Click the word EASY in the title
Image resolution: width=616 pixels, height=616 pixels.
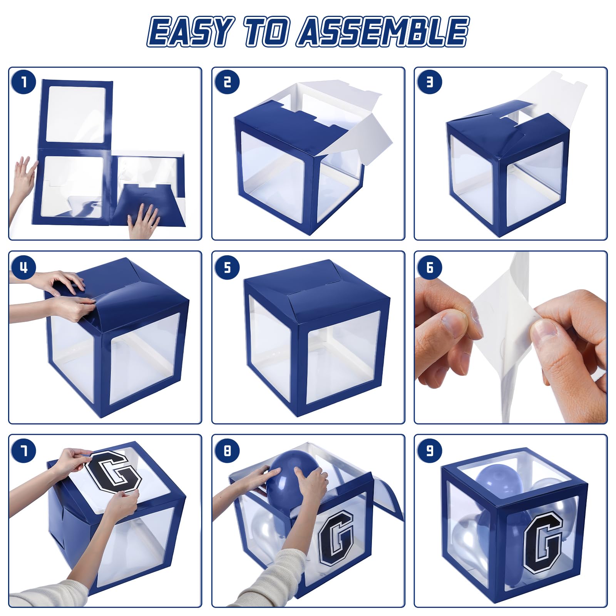click(x=189, y=32)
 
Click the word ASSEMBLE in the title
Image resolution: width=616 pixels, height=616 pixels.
click(x=383, y=31)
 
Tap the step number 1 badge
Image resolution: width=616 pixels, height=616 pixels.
click(x=24, y=82)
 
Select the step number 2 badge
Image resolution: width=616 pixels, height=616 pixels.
click(x=227, y=82)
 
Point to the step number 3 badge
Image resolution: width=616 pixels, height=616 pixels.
click(x=429, y=82)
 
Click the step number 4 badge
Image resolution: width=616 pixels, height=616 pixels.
click(x=24, y=267)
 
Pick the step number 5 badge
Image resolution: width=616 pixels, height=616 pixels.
click(x=227, y=267)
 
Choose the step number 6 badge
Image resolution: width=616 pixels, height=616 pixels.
click(x=429, y=267)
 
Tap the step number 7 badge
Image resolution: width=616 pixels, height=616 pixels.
click(x=24, y=450)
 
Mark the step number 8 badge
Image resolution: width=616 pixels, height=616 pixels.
click(x=227, y=450)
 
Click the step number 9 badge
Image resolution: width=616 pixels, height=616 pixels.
click(x=429, y=450)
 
